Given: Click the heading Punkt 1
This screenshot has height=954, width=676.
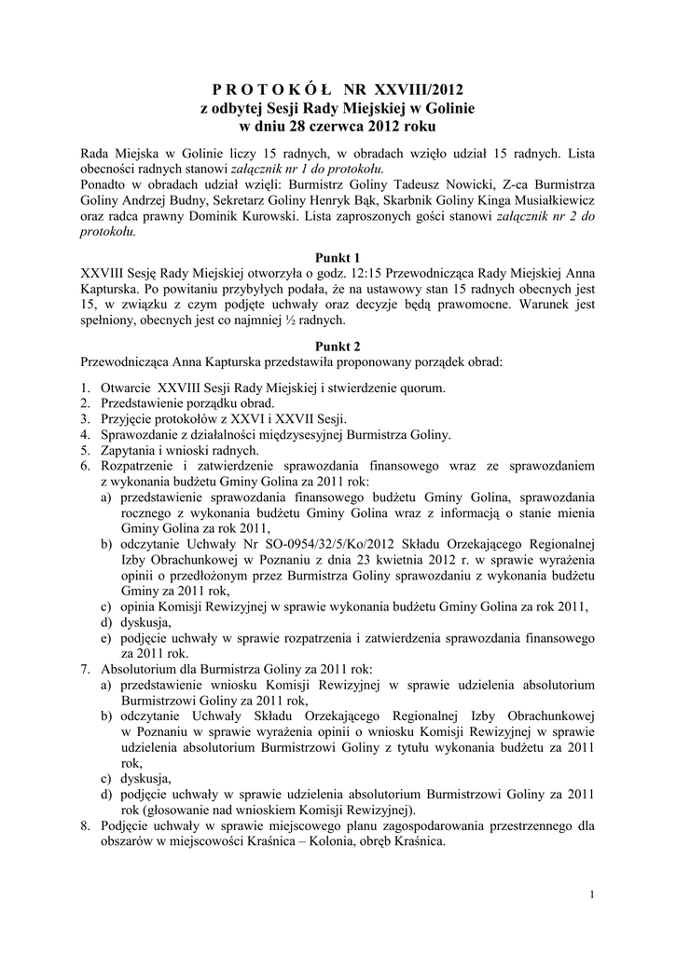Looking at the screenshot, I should tap(338, 256).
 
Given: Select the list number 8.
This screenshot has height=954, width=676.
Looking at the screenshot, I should tap(85, 825).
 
